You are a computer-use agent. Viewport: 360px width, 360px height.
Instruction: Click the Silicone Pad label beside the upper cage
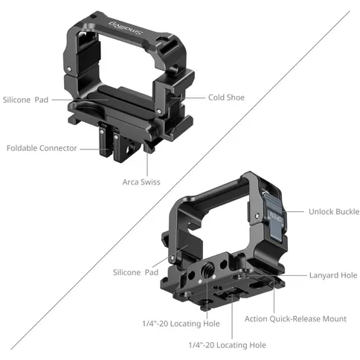click(28, 99)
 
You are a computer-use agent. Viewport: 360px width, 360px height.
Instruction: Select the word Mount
click(335, 319)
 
